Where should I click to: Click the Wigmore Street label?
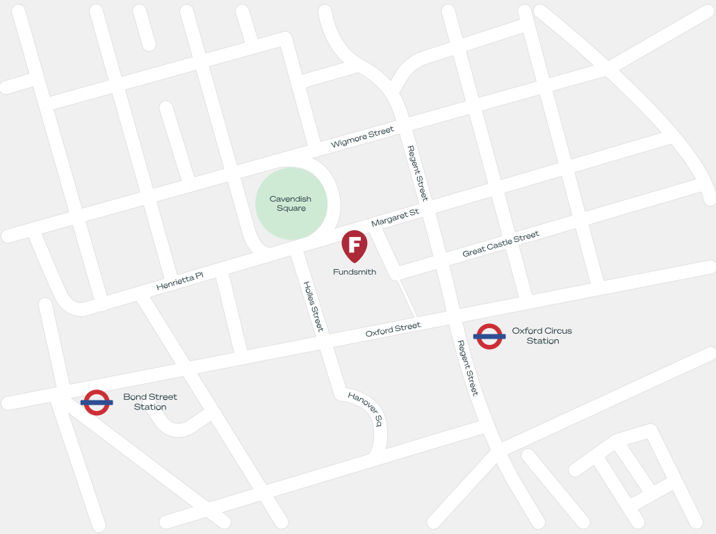coord(362,137)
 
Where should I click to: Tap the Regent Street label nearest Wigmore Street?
coord(418,172)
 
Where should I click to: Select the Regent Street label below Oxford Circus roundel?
coord(467,368)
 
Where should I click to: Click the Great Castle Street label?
coord(501,244)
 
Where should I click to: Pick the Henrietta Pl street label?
coord(179,281)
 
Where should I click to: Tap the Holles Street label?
coord(314,307)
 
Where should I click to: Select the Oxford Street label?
coord(393,330)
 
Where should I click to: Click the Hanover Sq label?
coord(366,409)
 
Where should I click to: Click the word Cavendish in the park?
coord(291,199)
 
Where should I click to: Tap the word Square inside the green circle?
coord(291,209)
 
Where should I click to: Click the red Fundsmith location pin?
coord(355,245)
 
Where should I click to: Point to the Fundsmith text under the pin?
coord(355,272)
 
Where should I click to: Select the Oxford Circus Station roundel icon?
coord(489,337)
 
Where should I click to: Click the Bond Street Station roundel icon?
coord(97,402)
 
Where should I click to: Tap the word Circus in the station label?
coord(558,331)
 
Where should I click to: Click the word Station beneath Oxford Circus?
coord(542,341)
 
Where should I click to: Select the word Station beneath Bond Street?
coord(150,407)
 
